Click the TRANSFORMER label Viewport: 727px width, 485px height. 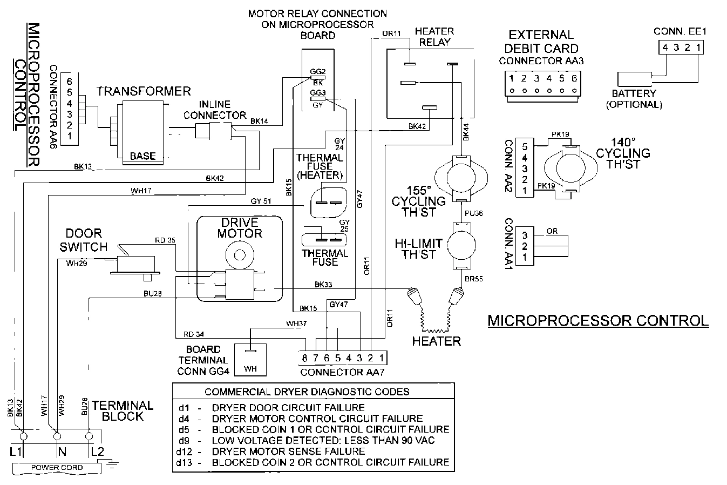click(x=144, y=91)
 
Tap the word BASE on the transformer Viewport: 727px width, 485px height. click(x=142, y=156)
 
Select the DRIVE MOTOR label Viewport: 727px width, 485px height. click(x=240, y=228)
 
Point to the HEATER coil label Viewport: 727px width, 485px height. click(x=436, y=341)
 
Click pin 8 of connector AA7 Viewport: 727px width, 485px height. click(x=304, y=358)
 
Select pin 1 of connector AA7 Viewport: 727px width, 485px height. click(x=381, y=358)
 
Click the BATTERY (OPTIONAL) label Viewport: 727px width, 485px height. click(x=634, y=99)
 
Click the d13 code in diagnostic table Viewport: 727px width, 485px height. click(x=184, y=462)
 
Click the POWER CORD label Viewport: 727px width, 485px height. click(x=57, y=467)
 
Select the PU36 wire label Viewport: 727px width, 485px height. click(x=474, y=213)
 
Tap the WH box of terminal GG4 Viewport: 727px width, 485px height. click(x=251, y=369)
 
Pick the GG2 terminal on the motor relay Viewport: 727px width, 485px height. click(x=318, y=72)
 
